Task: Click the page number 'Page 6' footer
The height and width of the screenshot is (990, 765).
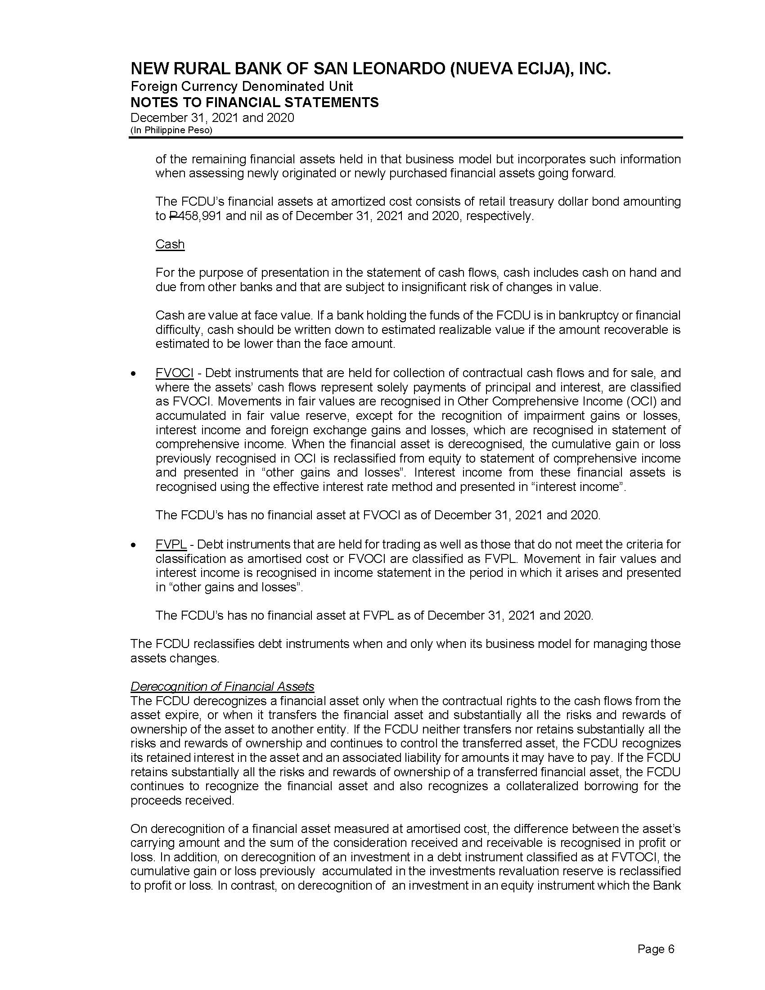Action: pos(656,949)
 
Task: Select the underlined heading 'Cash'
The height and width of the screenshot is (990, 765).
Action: pos(170,244)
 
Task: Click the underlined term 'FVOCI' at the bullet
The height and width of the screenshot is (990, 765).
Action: pos(175,373)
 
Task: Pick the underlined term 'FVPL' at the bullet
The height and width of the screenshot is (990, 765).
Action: pos(171,544)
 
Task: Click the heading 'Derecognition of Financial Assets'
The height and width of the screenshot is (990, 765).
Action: pos(222,687)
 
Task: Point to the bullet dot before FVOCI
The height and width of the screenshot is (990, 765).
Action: pos(133,374)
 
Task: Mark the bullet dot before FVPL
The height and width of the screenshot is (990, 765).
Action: pos(133,545)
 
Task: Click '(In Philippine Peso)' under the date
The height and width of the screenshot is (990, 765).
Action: pos(171,130)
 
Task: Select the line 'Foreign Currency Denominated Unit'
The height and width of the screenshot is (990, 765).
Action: pos(242,86)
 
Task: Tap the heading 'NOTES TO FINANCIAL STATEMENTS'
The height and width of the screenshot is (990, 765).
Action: pos(254,103)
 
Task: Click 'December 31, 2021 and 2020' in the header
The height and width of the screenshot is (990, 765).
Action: pos(212,118)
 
